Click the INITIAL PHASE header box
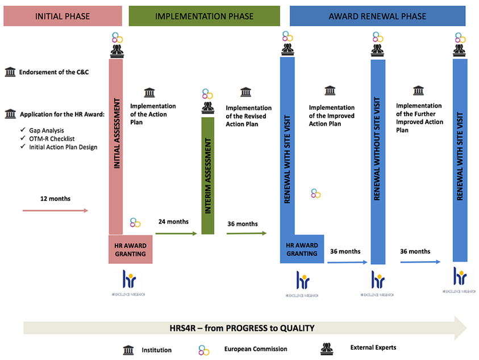[63, 16]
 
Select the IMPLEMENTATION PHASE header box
[205, 16]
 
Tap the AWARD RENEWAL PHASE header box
[377, 16]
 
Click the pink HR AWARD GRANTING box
[130, 249]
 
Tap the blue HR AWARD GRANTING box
[302, 249]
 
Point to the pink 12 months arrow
[56, 210]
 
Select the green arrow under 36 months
[246, 233]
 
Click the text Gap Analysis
[47, 130]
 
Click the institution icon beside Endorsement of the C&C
[10, 72]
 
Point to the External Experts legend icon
[326, 349]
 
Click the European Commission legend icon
[204, 350]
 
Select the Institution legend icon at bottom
[128, 350]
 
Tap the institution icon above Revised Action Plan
[245, 92]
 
